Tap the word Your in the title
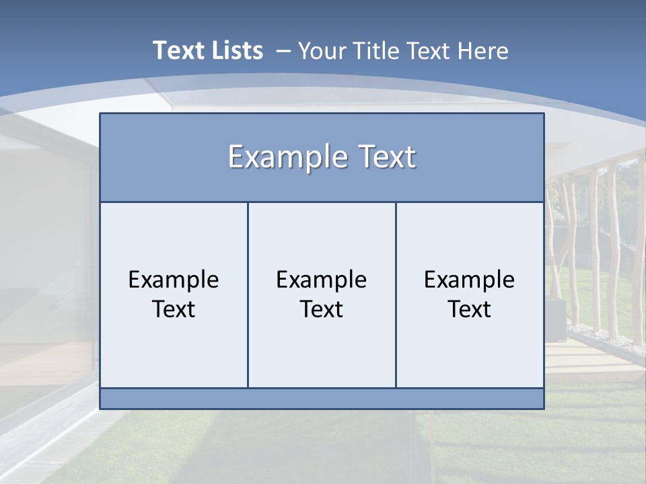click(320, 50)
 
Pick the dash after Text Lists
click(283, 51)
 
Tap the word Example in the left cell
click(174, 280)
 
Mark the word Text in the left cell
click(174, 309)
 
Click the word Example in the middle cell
click(322, 280)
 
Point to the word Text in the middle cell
click(322, 309)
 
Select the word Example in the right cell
click(470, 280)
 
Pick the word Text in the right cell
click(470, 309)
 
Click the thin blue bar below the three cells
click(322, 399)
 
